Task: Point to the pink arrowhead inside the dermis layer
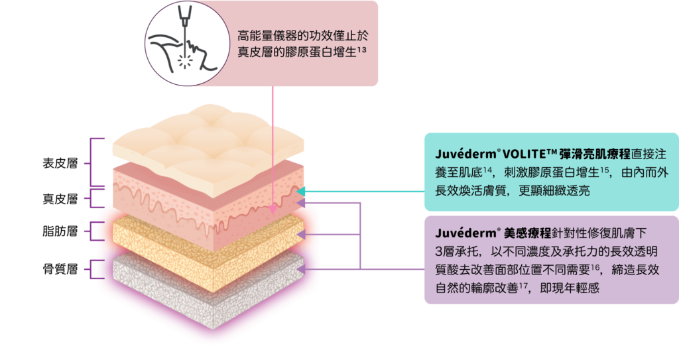point(273,210)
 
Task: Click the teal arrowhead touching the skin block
point(300,192)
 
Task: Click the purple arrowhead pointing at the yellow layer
point(302,235)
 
